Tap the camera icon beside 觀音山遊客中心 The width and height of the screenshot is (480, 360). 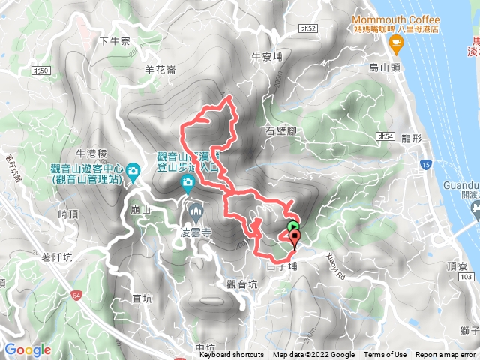[132, 171]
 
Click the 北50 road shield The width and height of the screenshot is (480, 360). [43, 70]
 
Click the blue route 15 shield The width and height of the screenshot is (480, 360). [426, 163]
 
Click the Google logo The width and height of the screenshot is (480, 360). [28, 349]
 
